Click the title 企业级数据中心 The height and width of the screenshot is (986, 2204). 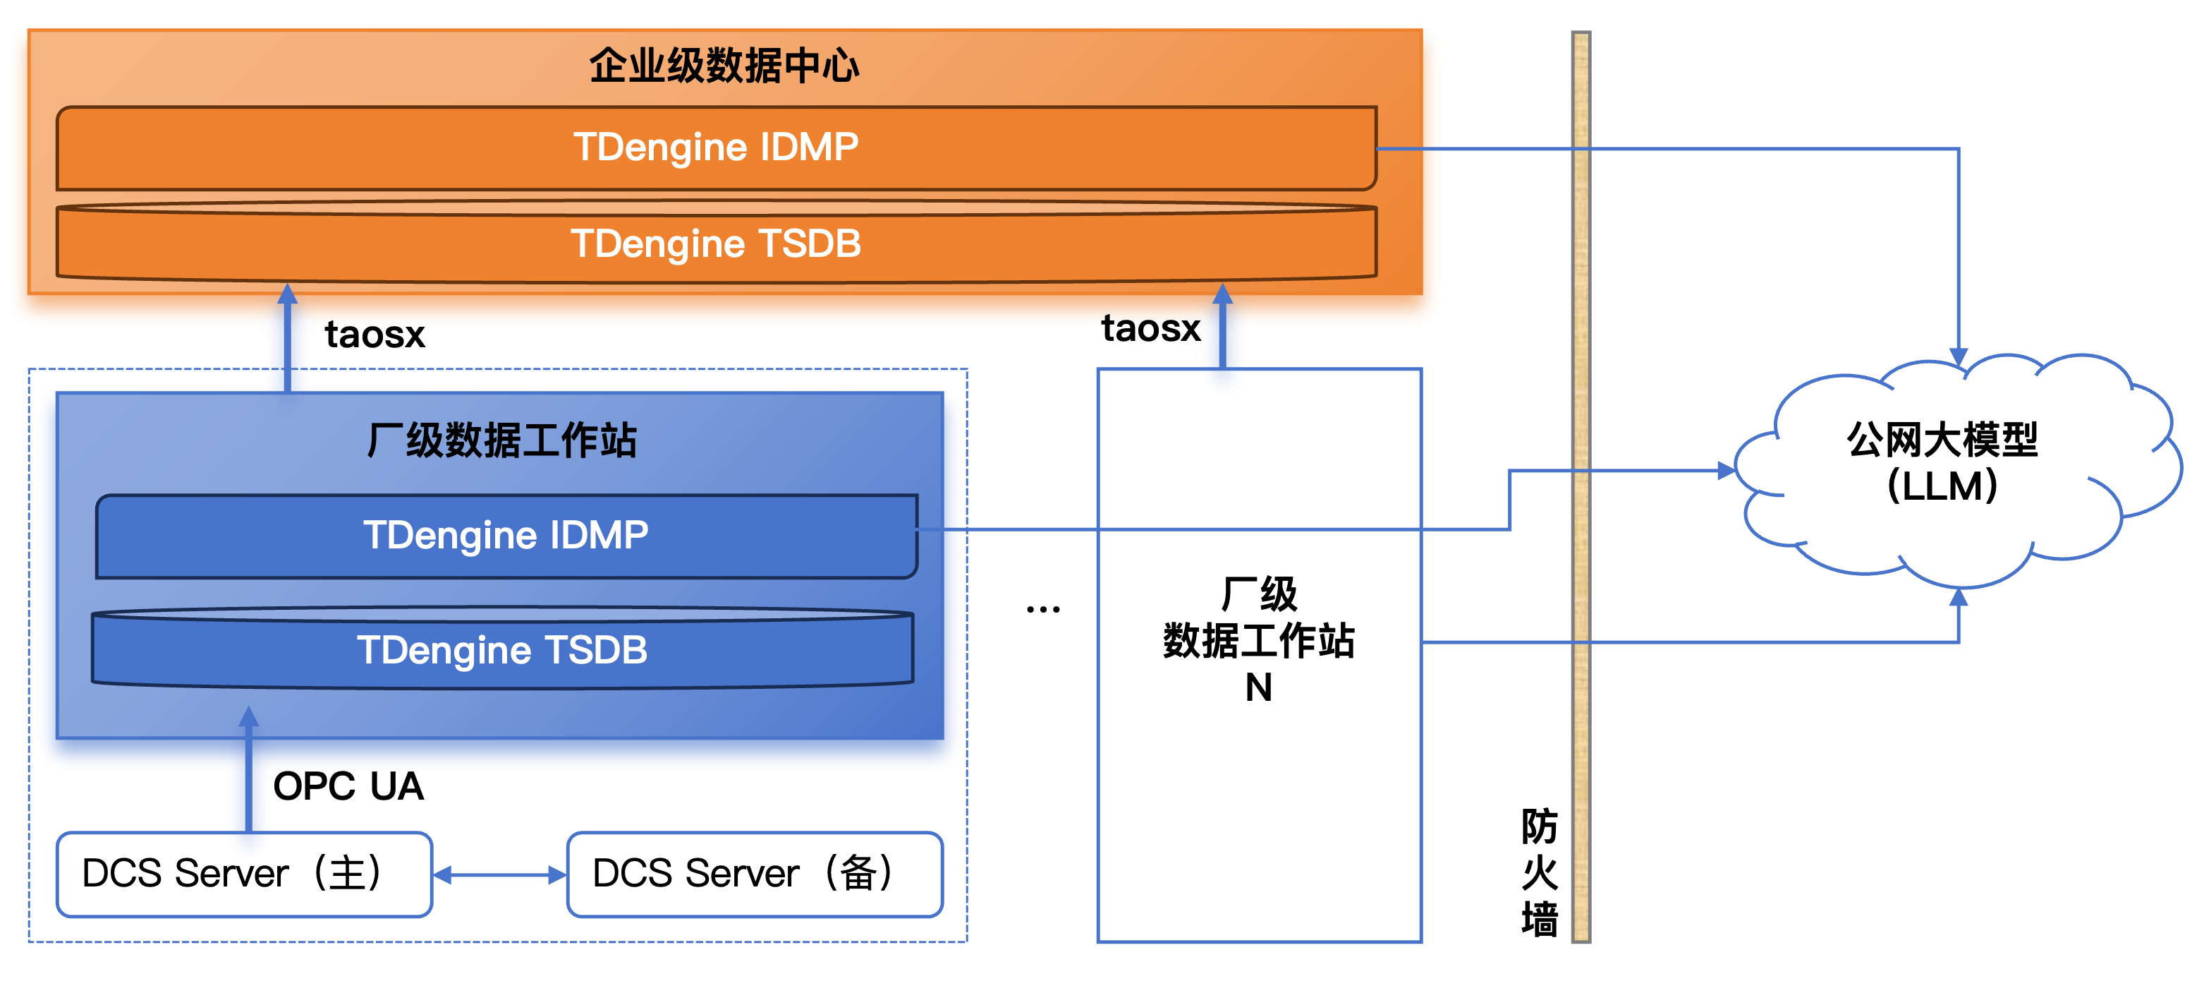724,65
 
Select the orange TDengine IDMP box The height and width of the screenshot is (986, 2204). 715,148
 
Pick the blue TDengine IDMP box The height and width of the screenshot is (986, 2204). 506,536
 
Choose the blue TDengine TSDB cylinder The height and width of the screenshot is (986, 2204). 502,649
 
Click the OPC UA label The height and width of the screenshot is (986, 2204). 348,786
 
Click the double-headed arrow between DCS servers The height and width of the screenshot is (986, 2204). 499,874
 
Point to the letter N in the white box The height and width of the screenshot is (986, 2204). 1259,687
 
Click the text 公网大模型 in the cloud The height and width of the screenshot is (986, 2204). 1942,440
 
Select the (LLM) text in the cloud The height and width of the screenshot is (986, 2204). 1942,486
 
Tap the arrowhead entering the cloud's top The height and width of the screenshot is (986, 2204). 1959,358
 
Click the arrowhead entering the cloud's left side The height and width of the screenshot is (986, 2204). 1727,471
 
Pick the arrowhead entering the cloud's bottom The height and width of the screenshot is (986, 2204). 1959,596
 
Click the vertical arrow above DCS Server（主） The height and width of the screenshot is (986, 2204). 249,770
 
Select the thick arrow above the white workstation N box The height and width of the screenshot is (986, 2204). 1223,330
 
